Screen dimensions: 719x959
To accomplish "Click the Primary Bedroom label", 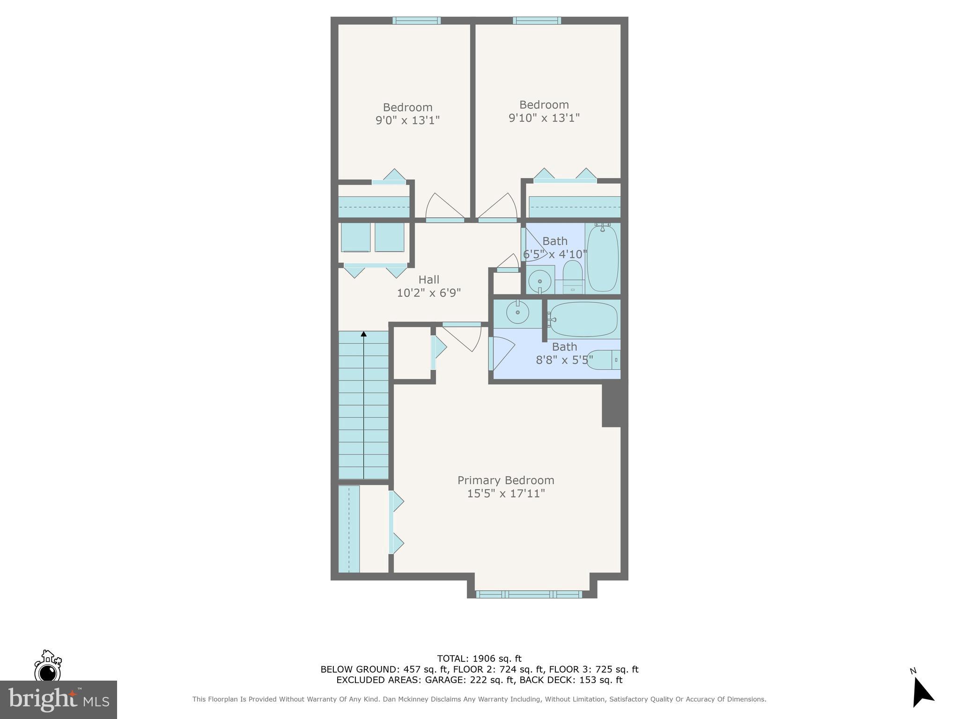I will (506, 480).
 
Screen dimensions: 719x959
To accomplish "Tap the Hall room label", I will (428, 280).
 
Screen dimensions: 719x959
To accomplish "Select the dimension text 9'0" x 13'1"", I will (407, 120).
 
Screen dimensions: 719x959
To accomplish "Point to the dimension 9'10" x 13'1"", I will (544, 117).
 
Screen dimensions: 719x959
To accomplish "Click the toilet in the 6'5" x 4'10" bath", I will (572, 276).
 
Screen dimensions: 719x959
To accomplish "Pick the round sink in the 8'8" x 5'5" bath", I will (517, 312).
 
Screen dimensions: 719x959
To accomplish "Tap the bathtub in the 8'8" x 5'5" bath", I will (583, 320).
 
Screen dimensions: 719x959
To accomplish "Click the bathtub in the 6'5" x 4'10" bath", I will (603, 257).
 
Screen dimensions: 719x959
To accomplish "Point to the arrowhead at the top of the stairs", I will (363, 334).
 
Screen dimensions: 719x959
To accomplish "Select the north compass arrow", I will (922, 693).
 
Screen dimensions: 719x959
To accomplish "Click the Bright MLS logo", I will (58, 700).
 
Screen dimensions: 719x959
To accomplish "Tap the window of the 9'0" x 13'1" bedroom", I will (416, 21).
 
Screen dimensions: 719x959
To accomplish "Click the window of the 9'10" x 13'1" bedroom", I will (537, 21).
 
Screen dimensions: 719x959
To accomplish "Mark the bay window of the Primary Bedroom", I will (529, 594).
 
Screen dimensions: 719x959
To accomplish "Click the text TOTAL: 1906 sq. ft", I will (479, 659).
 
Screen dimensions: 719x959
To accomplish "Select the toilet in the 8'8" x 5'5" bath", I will (604, 360).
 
